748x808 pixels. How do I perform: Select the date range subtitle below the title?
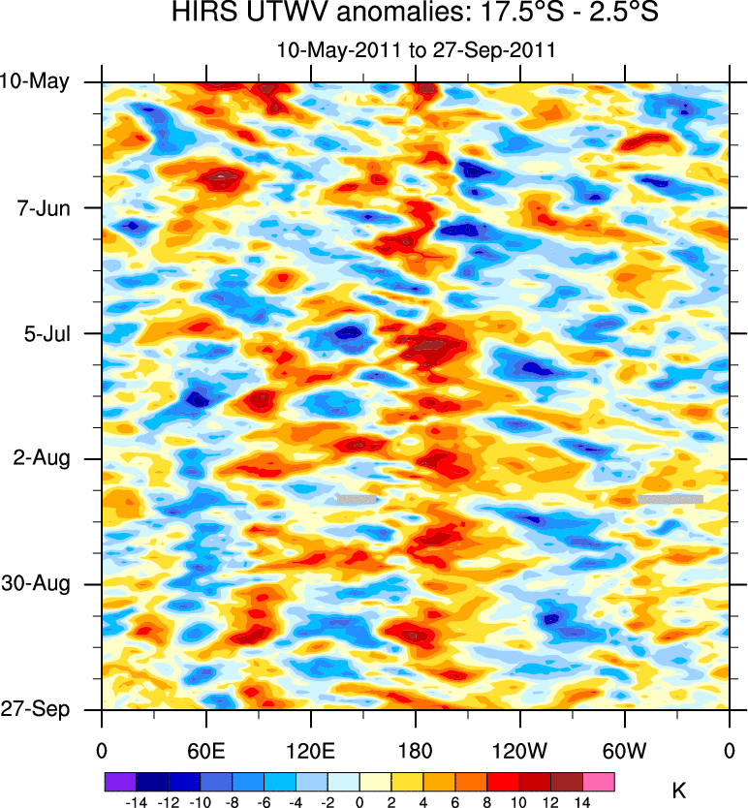coord(415,49)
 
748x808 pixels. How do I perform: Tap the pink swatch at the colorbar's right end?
coord(599,780)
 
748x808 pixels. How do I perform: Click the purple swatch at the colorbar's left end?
coord(119,780)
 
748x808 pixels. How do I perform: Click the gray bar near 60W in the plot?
coord(670,499)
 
